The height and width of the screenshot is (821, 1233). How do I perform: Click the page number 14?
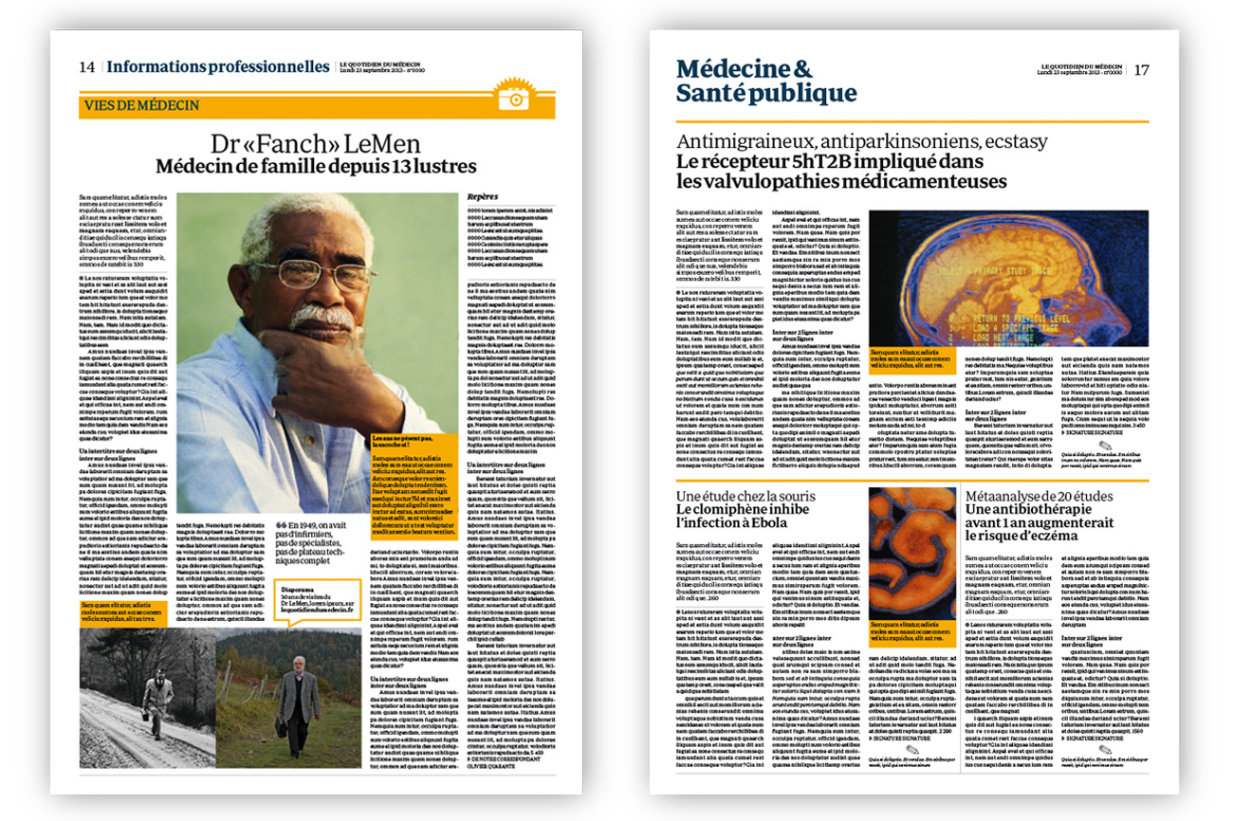coord(87,67)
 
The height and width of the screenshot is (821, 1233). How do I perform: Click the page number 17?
coord(1141,69)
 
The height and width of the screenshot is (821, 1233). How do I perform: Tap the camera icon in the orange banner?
coord(513,97)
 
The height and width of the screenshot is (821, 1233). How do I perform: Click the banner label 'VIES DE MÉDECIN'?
coord(141,105)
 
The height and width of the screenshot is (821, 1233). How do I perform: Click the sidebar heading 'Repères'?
coord(483,197)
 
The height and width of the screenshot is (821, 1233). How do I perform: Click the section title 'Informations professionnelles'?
coord(218,67)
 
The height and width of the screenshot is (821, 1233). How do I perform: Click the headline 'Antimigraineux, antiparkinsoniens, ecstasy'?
coord(861,142)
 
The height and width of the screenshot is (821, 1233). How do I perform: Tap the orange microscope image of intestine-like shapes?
coord(912,538)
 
